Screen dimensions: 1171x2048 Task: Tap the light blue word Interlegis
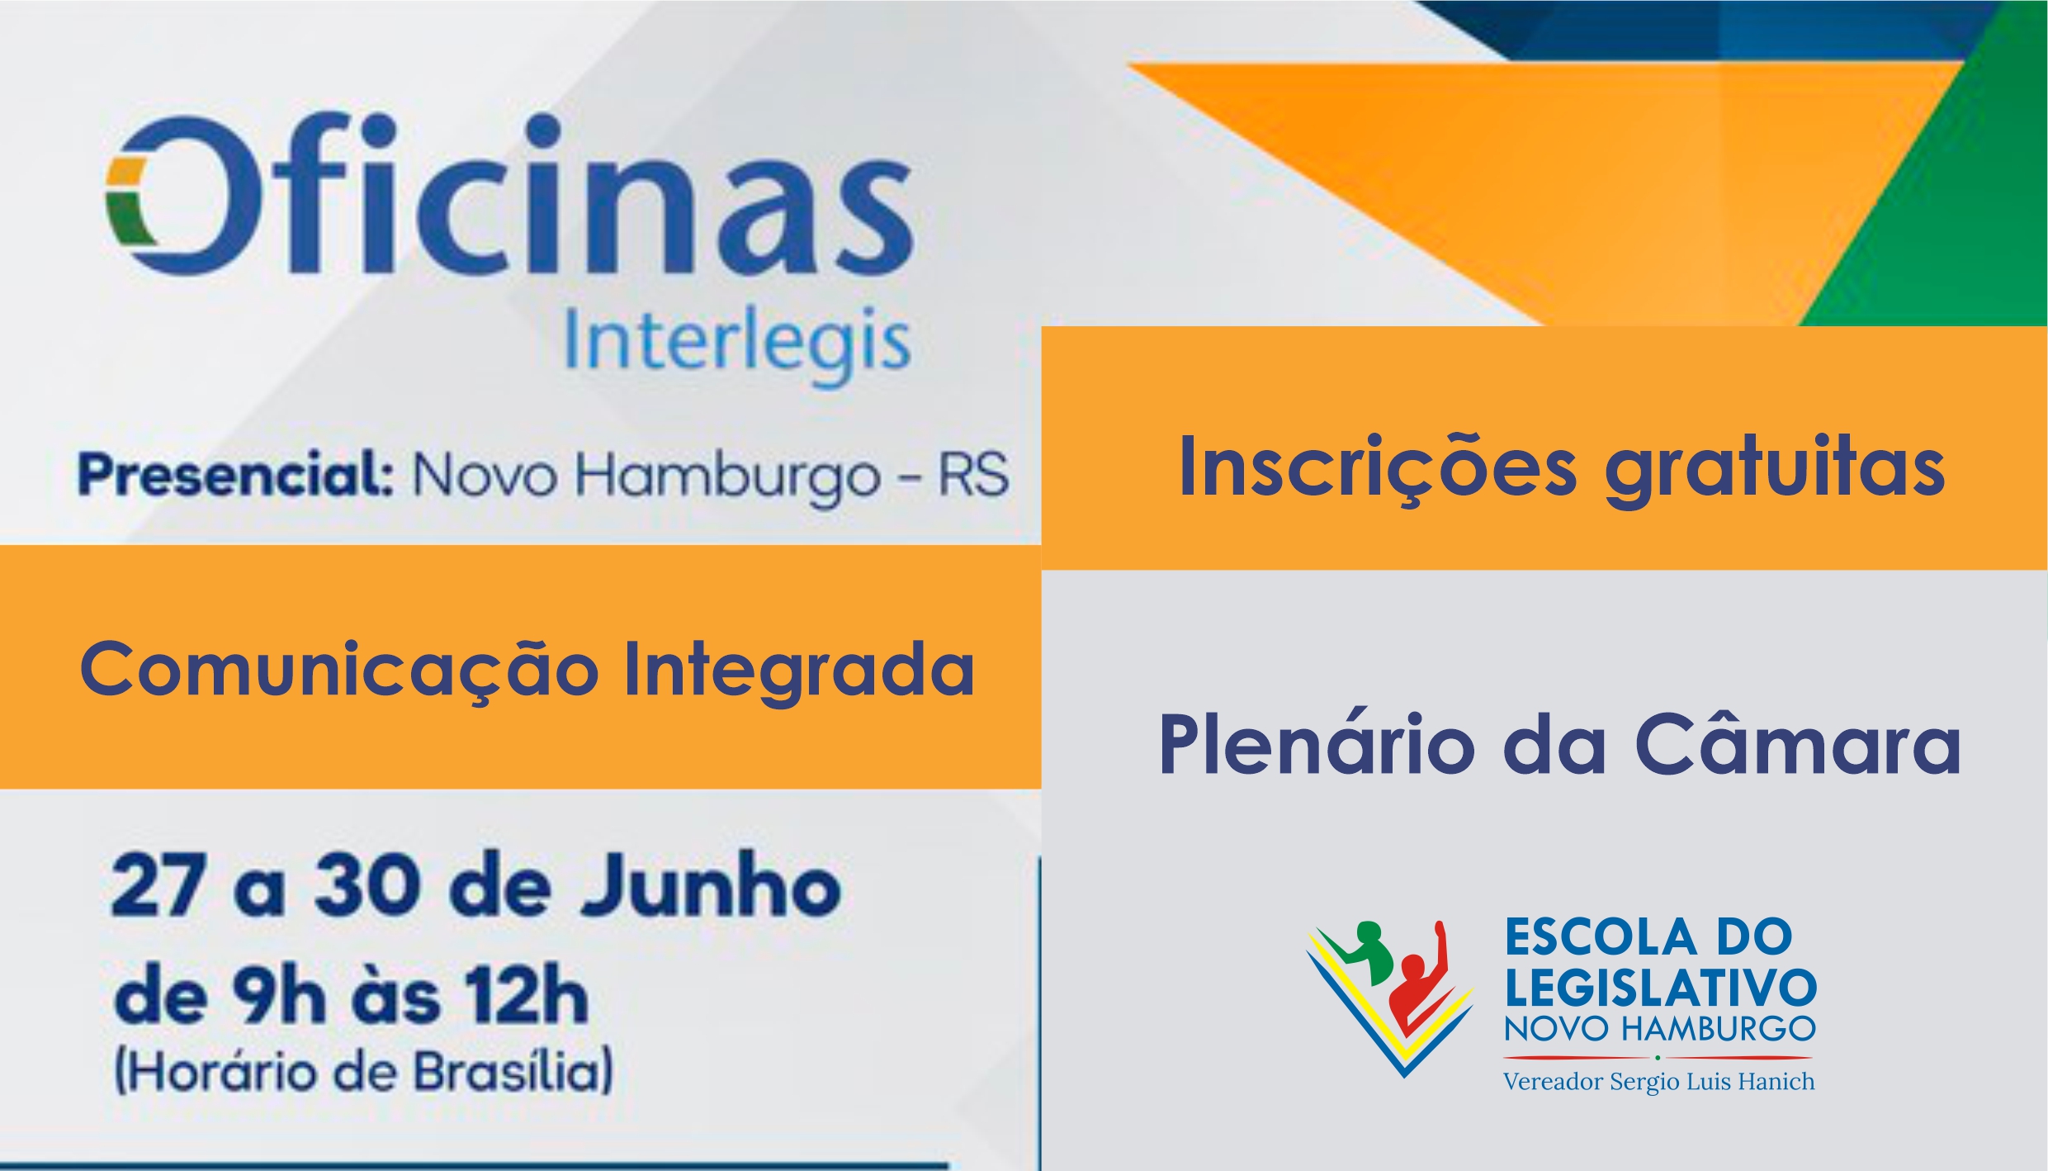tap(736, 345)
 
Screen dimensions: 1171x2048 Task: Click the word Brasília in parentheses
tap(512, 1073)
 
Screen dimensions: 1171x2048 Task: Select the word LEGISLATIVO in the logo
tap(1660, 986)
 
